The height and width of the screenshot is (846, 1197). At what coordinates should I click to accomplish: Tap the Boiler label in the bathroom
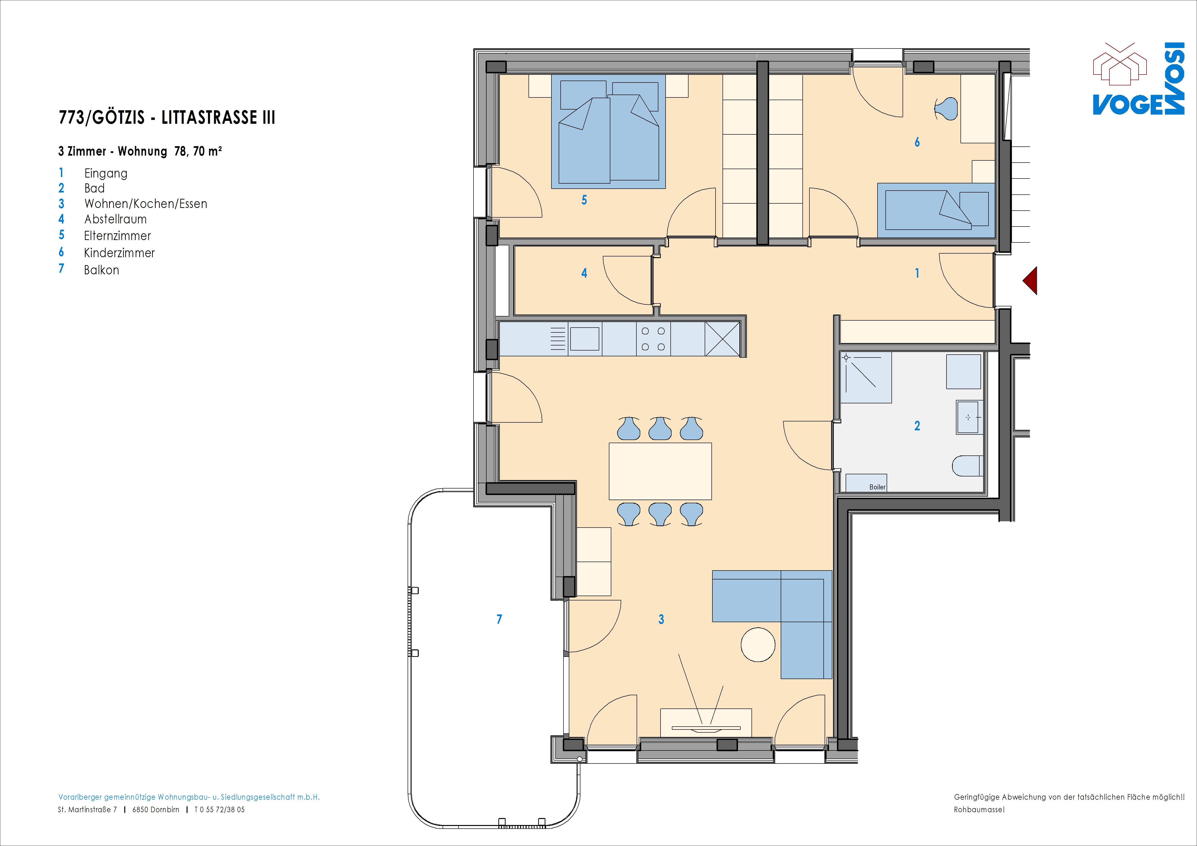coord(877,487)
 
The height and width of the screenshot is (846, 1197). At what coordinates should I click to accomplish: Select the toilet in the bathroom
coord(967,466)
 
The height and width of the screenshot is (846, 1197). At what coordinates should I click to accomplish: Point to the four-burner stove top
coord(653,339)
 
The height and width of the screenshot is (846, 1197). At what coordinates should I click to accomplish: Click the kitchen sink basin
coord(585,339)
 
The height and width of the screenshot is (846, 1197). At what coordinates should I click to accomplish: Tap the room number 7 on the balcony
coord(499,619)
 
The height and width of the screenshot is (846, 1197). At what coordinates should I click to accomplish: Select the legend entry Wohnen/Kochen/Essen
coord(146,204)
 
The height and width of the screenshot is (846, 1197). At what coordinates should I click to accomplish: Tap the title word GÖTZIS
coord(118,117)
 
